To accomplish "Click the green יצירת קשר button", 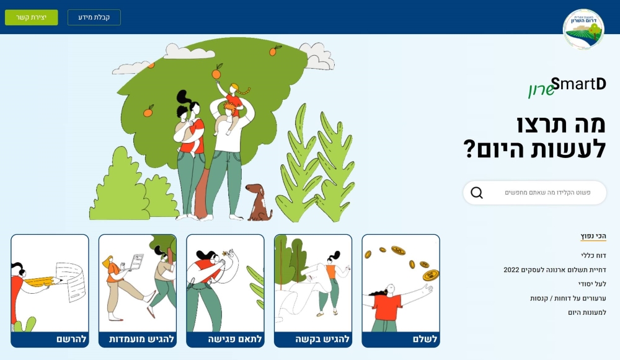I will (x=32, y=17).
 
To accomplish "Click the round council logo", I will (x=583, y=29).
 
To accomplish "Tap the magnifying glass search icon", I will (x=477, y=193).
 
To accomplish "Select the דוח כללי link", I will (x=593, y=255).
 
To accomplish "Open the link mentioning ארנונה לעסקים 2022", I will (x=554, y=270).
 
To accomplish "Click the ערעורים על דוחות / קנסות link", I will (x=568, y=298).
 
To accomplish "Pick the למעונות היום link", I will (x=587, y=312).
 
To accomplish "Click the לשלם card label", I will (x=425, y=339).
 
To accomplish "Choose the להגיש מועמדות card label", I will (x=142, y=339).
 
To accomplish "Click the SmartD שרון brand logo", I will (x=567, y=87).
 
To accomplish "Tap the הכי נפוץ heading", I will (x=593, y=236).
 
